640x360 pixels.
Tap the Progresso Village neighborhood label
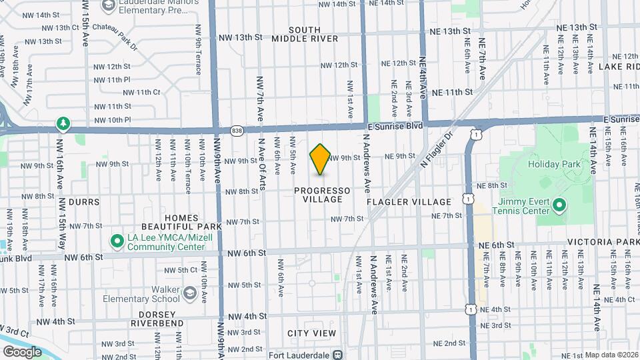pos(322,195)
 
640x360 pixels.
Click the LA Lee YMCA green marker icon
pos(117,240)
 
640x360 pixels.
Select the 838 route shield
pos(237,131)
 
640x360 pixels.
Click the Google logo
pos(22,351)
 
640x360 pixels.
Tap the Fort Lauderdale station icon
pos(338,355)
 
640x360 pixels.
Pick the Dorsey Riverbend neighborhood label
pos(157,319)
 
